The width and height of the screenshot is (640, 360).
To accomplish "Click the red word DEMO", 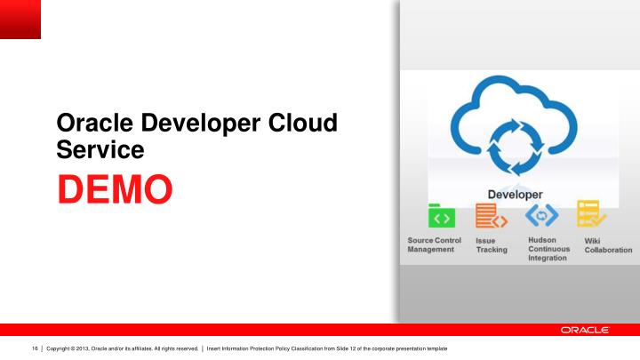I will click(x=116, y=190).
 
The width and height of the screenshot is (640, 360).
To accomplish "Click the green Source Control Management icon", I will click(x=442, y=217).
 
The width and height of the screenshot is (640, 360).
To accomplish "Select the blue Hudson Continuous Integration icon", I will click(x=541, y=215).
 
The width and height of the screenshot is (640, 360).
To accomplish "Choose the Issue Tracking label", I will click(x=492, y=244).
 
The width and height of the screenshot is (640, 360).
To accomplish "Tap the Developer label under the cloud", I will click(x=515, y=194).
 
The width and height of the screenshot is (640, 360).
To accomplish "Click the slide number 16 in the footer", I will click(x=35, y=348).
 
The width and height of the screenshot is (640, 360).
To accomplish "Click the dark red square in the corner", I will click(x=20, y=20).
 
